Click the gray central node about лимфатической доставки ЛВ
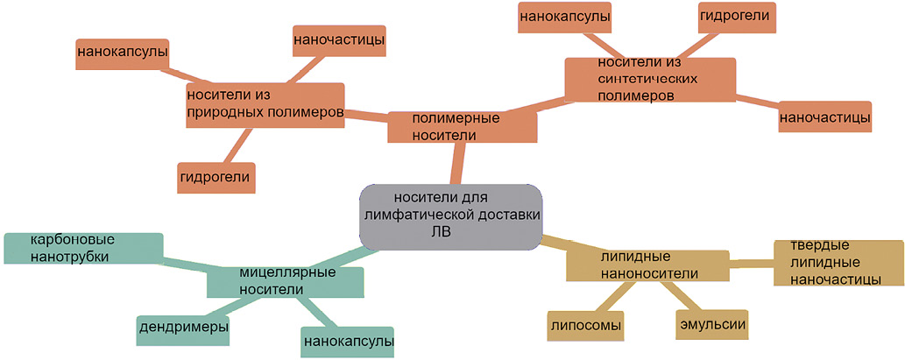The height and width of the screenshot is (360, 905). pos(450,216)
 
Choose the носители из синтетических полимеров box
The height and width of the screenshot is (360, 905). pos(649,79)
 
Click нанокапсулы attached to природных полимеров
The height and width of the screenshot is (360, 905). pos(123,53)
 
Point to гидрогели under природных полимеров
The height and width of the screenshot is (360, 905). pos(216,177)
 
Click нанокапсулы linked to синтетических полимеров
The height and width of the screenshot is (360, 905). pos(565,17)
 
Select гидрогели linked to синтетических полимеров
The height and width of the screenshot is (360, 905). pos(738,17)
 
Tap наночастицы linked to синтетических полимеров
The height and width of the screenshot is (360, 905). pos(824,116)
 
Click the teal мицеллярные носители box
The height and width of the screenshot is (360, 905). pos(285,282)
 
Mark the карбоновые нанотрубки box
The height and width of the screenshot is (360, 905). pos(83,247)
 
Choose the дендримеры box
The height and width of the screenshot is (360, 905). pos(184,327)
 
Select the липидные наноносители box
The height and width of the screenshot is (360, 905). pos(647,265)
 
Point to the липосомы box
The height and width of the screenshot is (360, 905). pos(586,326)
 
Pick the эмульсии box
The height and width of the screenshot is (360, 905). pos(712,325)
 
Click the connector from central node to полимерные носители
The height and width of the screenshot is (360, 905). pos(456,164)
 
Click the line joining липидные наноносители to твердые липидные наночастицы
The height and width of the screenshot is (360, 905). pos(752,262)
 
